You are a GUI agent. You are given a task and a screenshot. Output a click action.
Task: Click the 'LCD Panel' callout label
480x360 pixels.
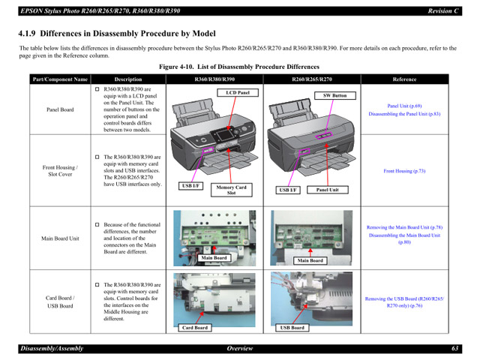[x=238, y=93]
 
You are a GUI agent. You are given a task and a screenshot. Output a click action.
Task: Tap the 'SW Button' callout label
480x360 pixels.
[x=334, y=96]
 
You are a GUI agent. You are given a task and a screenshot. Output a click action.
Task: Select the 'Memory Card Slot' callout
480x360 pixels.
[x=231, y=190]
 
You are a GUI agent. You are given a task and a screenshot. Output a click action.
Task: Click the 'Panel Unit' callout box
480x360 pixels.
[x=327, y=190]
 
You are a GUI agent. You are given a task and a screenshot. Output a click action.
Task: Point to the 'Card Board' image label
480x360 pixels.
[x=195, y=327]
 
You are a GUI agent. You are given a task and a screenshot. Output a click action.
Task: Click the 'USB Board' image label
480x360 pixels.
[x=292, y=327]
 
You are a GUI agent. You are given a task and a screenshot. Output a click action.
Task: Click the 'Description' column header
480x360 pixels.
[x=127, y=79]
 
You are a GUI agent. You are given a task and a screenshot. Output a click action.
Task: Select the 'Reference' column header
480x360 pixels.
[x=404, y=79]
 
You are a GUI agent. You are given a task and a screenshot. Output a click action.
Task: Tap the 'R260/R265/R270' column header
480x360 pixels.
[x=311, y=79]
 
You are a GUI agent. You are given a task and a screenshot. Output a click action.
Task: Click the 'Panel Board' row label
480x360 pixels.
[x=59, y=109]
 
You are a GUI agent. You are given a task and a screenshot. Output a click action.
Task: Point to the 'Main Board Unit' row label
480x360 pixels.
[x=59, y=238]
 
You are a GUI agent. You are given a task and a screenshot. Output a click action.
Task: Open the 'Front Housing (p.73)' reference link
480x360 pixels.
[x=404, y=171]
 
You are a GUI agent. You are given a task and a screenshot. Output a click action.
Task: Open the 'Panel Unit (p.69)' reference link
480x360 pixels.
[x=404, y=106]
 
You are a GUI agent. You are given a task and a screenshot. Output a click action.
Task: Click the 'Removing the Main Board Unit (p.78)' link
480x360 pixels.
[x=404, y=227]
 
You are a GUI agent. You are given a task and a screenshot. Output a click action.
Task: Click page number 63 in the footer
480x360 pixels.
[x=454, y=349]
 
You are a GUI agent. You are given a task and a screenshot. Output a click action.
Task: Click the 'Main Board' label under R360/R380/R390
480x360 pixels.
[x=214, y=258]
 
